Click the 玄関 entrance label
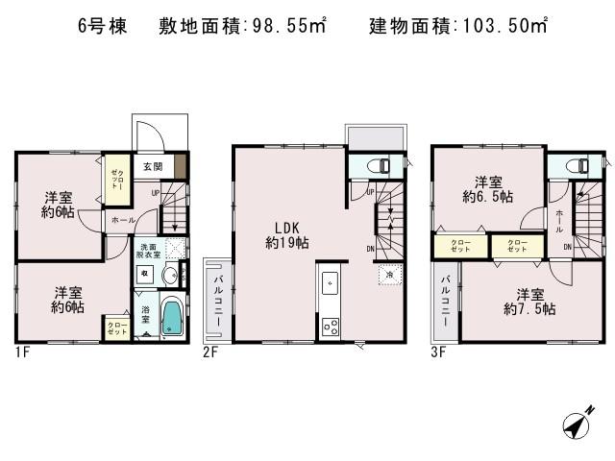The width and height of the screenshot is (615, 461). pyautogui.click(x=154, y=166)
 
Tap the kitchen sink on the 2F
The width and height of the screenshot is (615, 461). pyautogui.click(x=329, y=282)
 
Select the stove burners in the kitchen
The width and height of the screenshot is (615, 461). pyautogui.click(x=331, y=325)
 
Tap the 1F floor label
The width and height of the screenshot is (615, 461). pyautogui.click(x=21, y=352)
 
